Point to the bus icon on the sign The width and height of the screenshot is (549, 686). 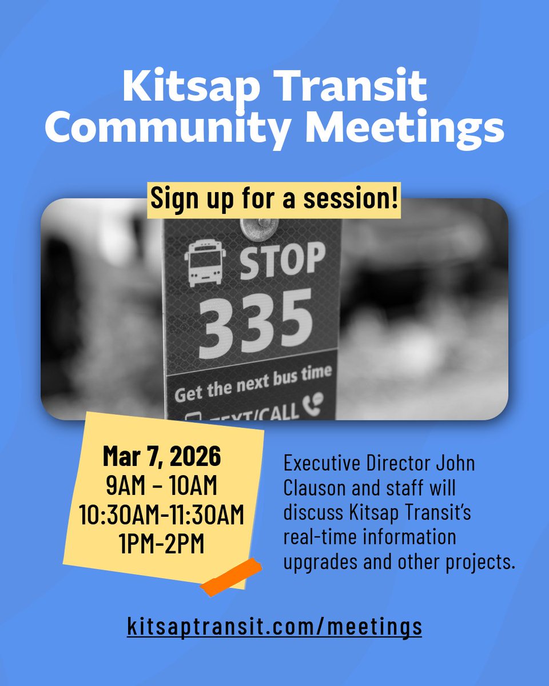tap(205, 262)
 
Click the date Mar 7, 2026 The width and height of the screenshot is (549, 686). tap(162, 457)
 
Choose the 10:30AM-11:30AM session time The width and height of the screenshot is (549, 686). tap(162, 515)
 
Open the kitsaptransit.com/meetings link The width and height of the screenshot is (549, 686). tap(274, 625)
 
